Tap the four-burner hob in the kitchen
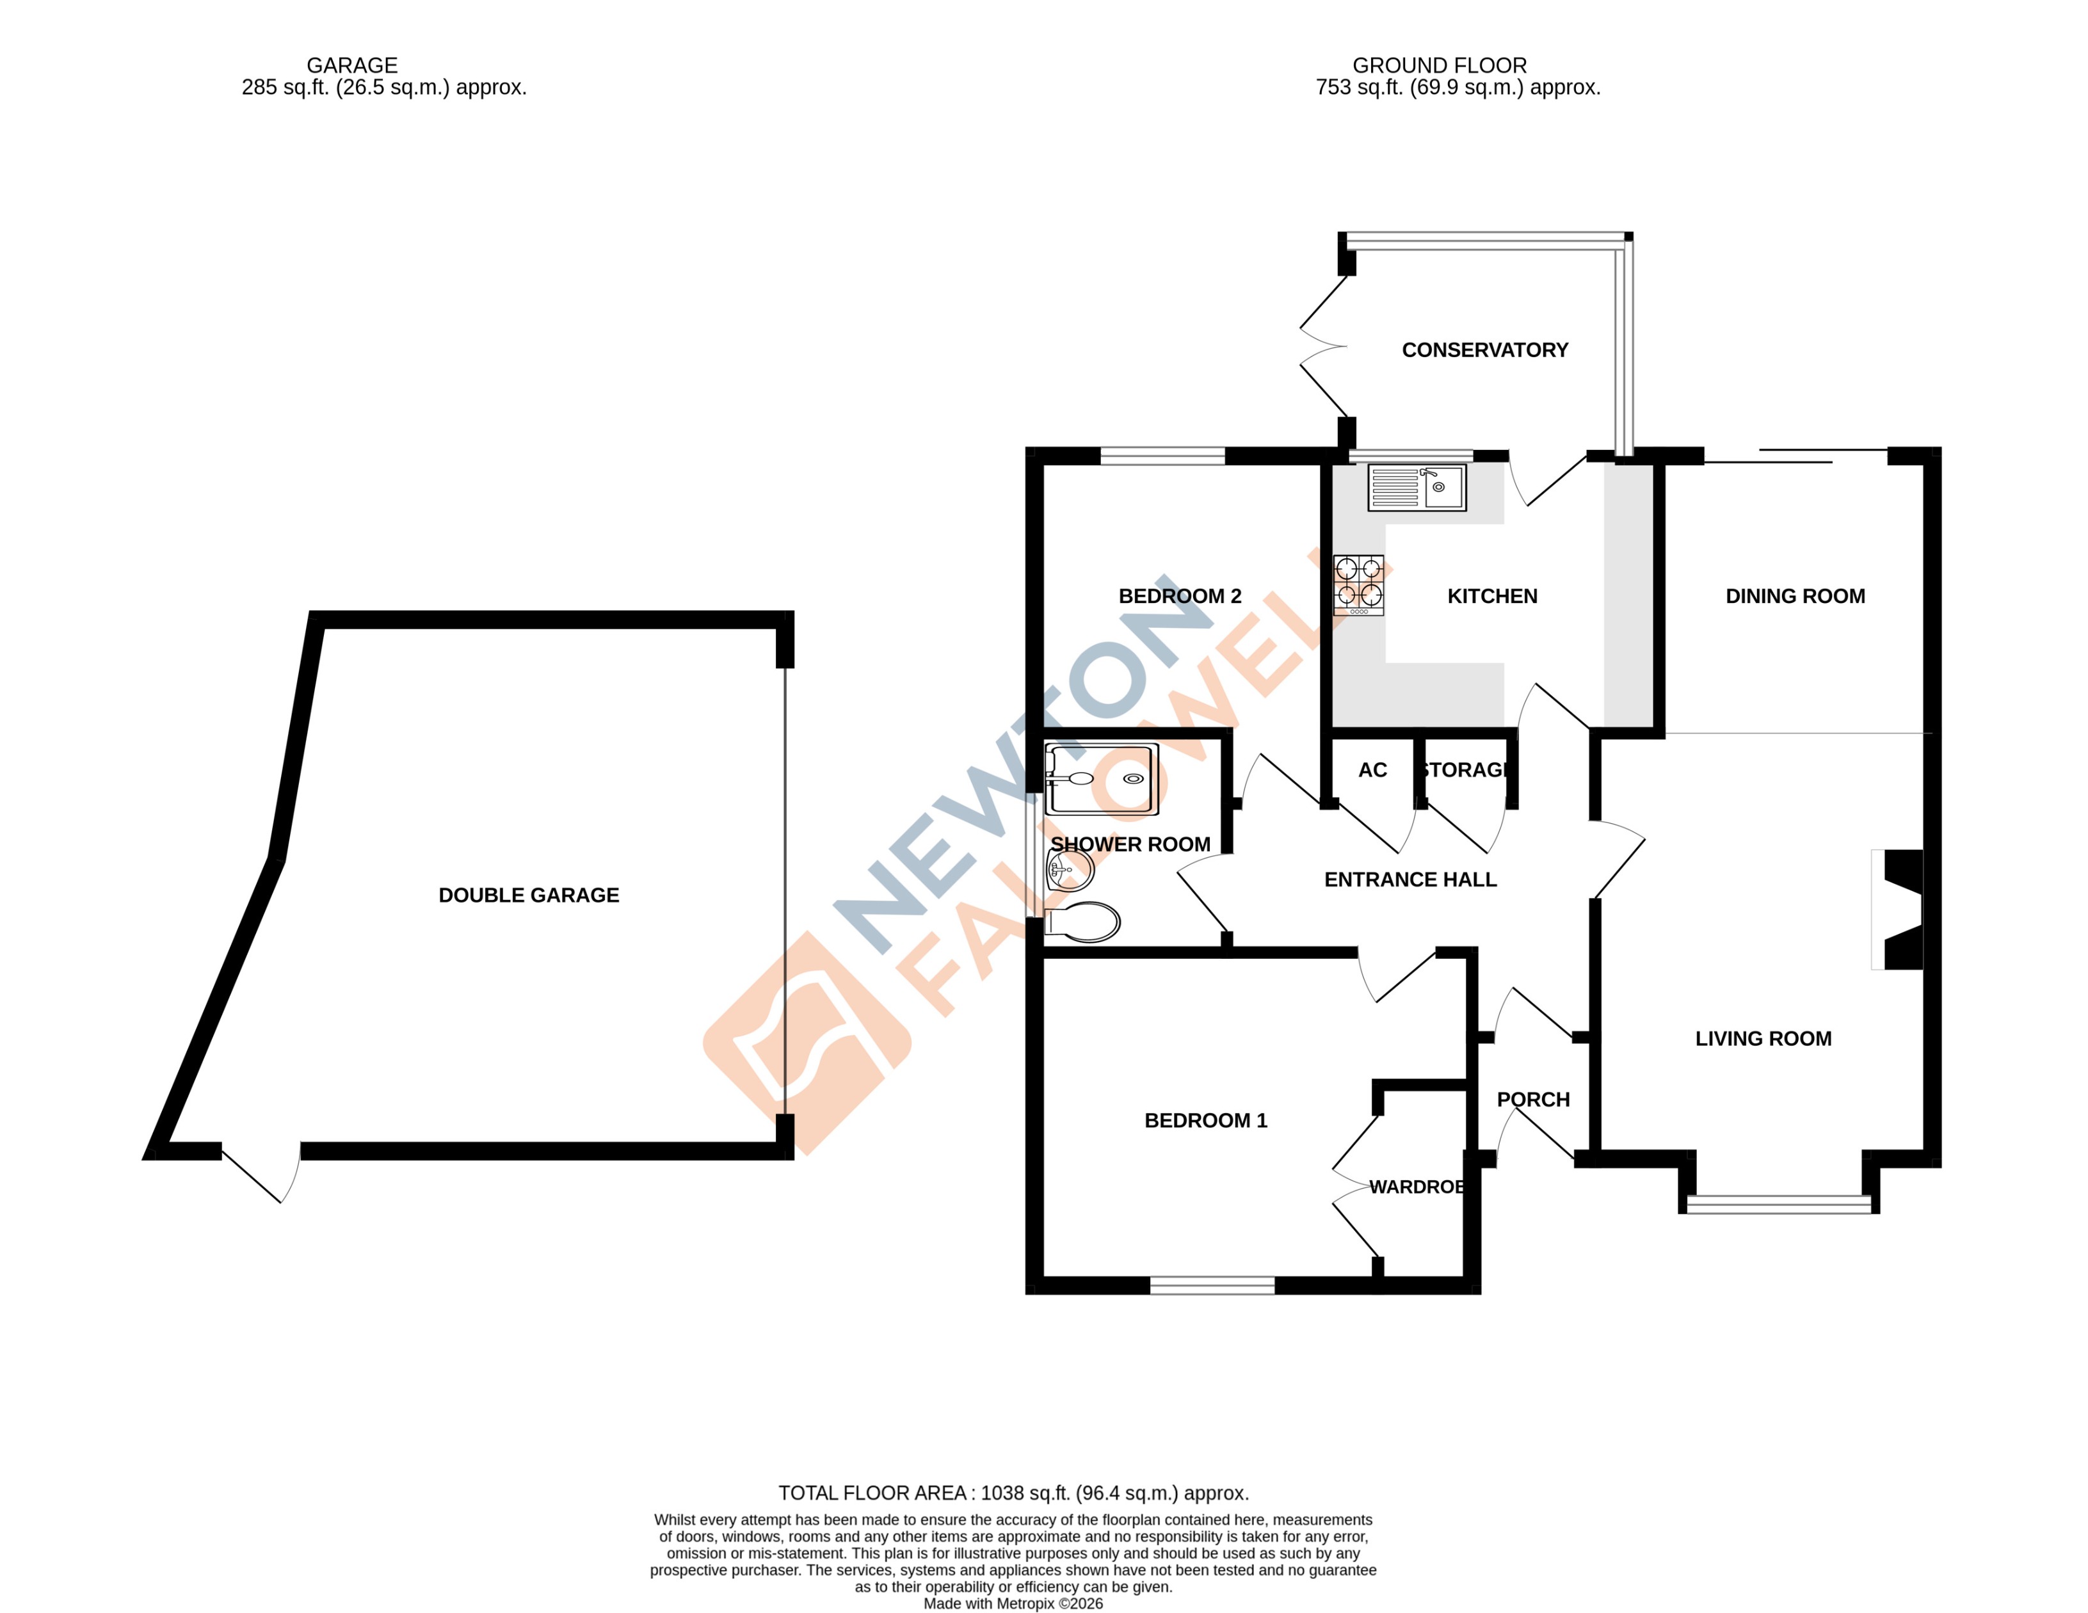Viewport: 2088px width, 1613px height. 1358,584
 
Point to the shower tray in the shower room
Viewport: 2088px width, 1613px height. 1102,779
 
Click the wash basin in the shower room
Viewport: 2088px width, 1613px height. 1069,869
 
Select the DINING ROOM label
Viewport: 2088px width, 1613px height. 1794,596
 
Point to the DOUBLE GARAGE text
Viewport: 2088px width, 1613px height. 529,895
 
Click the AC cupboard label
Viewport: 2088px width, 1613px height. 1372,769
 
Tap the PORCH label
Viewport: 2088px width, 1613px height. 1532,1100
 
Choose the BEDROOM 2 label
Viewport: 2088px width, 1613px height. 1179,596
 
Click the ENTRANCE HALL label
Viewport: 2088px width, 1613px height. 1409,879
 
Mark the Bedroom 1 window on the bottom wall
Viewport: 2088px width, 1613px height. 1211,1286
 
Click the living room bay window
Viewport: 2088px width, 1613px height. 1778,1205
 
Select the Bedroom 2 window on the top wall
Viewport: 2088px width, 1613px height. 1162,456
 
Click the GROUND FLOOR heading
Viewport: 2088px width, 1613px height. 1439,65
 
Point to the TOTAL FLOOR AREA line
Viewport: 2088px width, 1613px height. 1013,1493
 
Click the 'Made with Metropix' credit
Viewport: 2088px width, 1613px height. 1013,1603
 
